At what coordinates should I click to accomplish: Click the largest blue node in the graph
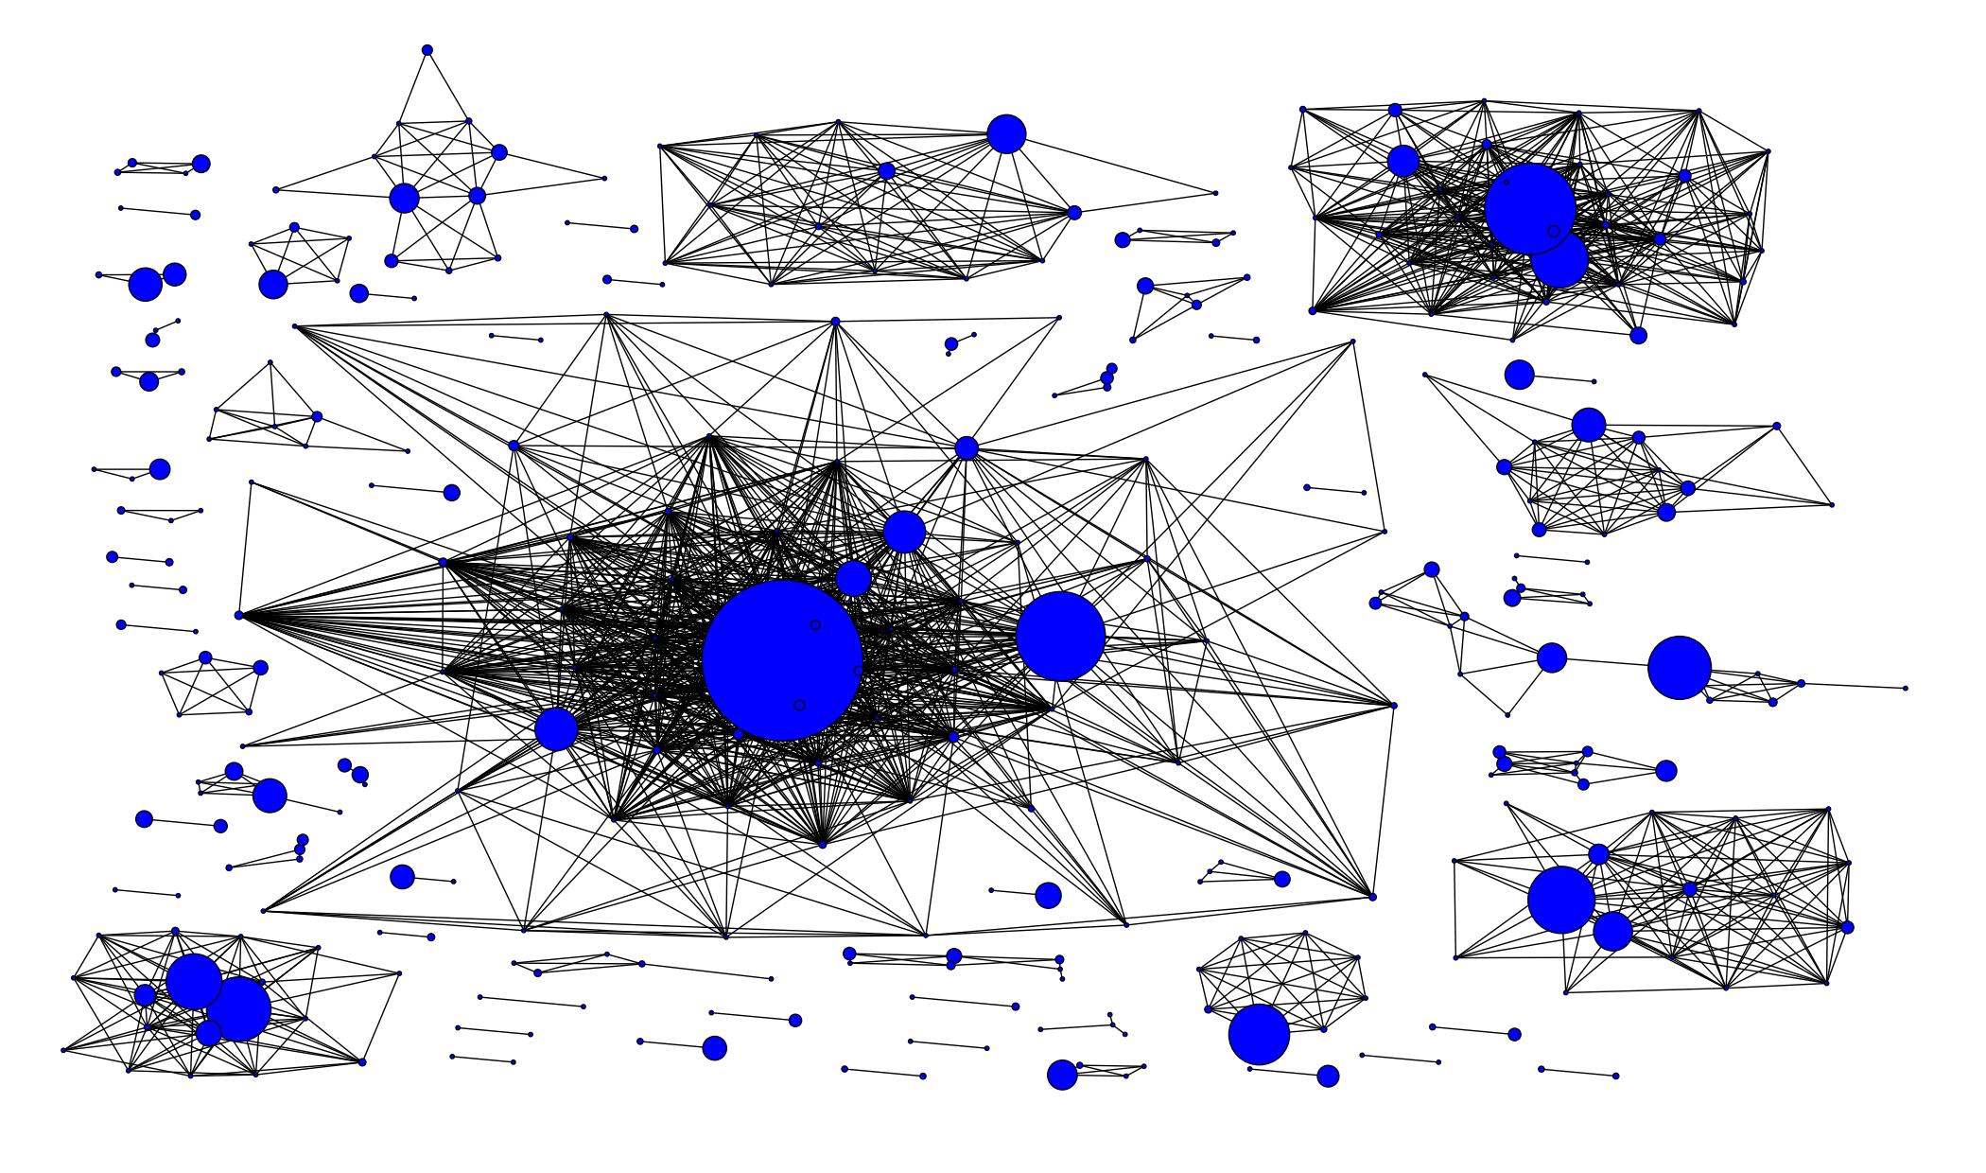782,660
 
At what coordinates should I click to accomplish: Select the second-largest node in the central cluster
1060,637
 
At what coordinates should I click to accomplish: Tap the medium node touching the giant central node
853,578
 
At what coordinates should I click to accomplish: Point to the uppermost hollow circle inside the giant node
815,625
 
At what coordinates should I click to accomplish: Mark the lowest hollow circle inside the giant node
799,706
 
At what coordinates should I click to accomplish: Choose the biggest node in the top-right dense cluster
1529,208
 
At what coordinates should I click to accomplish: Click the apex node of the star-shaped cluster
427,50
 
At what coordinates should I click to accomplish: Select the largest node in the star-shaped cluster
404,199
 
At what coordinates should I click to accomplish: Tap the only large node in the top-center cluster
1006,134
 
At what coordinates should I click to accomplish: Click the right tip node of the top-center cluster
1215,193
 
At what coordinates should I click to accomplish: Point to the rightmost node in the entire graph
1905,689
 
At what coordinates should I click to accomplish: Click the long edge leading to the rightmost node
1854,686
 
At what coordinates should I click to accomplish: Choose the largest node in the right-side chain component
1679,668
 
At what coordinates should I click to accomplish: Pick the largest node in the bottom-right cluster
1560,900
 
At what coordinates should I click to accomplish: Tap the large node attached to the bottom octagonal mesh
1259,1035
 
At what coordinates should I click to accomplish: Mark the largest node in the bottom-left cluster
237,1009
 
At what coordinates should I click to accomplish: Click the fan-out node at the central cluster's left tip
239,616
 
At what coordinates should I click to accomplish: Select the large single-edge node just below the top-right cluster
1519,375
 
